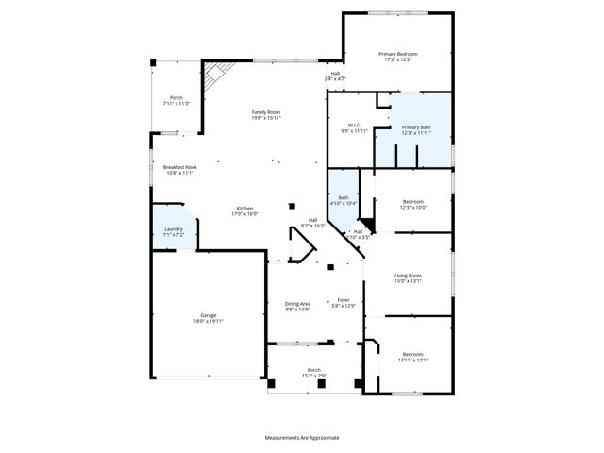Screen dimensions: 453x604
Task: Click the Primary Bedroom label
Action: click(x=397, y=55)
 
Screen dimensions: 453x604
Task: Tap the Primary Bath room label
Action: click(x=415, y=127)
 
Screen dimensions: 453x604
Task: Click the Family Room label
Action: click(x=265, y=112)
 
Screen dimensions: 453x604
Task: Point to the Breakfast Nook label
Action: click(x=178, y=167)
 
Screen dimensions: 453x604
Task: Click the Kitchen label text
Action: click(x=244, y=208)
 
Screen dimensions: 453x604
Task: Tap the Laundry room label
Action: click(x=173, y=229)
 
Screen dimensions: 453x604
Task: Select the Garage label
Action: click(x=208, y=315)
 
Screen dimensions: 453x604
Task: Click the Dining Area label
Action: click(x=297, y=303)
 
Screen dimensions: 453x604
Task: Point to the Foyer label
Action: click(x=344, y=300)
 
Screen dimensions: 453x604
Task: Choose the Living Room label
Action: click(x=408, y=276)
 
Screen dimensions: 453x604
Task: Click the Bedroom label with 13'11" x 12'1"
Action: click(x=413, y=355)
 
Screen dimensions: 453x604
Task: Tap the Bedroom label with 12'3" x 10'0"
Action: click(x=413, y=201)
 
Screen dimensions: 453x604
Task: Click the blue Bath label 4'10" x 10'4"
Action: click(x=344, y=197)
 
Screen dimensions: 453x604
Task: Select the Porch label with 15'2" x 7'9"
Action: click(x=313, y=370)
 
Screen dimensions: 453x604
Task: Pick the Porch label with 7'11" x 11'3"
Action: click(x=176, y=98)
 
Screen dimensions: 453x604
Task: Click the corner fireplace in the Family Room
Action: click(x=219, y=73)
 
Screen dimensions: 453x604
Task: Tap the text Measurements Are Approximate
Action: click(x=301, y=437)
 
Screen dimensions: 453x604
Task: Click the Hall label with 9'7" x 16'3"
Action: click(x=312, y=220)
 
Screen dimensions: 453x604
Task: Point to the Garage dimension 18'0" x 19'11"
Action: click(x=208, y=321)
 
